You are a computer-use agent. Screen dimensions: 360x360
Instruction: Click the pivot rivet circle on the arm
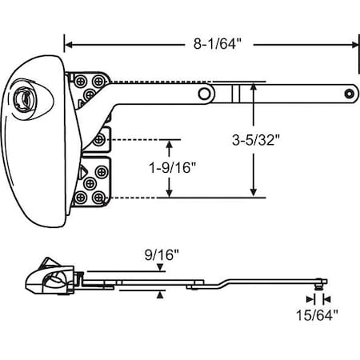206,94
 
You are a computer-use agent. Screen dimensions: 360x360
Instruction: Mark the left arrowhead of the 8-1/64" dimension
68,45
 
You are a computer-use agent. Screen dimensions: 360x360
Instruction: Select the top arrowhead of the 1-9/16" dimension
169,142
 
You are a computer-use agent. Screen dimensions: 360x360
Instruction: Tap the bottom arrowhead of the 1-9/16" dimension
169,193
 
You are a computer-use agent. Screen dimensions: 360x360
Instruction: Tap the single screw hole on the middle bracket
99,140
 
